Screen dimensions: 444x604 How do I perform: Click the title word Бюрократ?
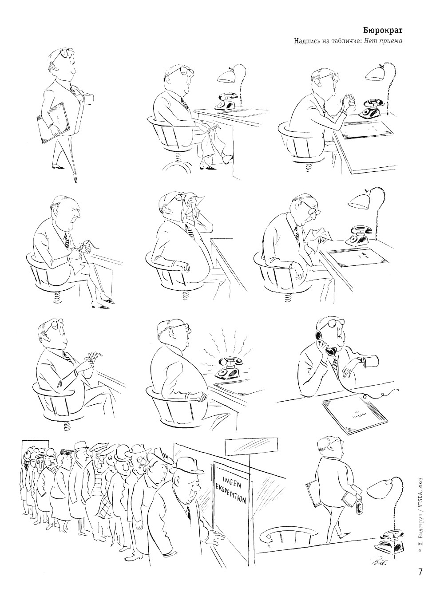click(382, 31)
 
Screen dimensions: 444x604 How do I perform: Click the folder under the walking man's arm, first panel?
click(53, 123)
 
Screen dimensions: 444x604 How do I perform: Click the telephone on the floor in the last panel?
click(389, 543)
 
